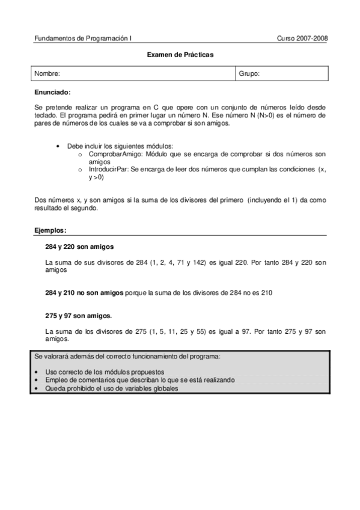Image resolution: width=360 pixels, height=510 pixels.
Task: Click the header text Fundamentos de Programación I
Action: click(84, 38)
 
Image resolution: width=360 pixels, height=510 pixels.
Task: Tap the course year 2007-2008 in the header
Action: click(302, 38)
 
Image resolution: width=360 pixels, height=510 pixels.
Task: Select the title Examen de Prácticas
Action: click(180, 55)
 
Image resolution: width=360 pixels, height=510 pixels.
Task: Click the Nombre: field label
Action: click(47, 73)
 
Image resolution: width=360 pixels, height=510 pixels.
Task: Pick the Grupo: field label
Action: click(249, 73)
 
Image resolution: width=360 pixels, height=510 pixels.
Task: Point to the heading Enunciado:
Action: click(53, 92)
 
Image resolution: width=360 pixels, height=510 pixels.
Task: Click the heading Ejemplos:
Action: click(50, 230)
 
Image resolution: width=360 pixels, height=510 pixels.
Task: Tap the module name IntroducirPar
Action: click(106, 170)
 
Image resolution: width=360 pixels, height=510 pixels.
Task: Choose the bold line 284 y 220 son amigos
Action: click(79, 247)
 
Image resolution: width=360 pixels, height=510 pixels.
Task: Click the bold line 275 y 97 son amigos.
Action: click(78, 315)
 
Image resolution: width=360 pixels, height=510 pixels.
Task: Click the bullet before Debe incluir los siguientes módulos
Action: click(58, 147)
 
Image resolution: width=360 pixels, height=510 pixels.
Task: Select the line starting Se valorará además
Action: click(127, 357)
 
